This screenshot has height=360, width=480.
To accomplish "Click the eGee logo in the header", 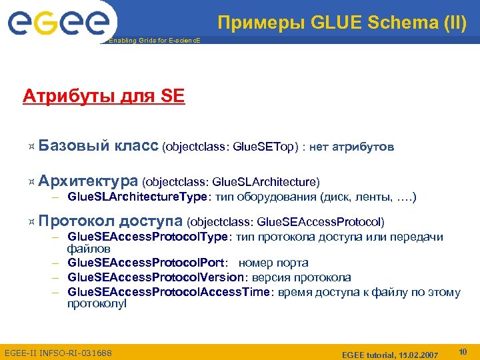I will point(58,24).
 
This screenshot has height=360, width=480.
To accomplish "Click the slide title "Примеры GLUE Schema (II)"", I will point(342,24).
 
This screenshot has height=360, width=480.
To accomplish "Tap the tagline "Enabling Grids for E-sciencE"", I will point(153,41).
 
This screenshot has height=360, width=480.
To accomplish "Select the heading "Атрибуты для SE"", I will point(103,97).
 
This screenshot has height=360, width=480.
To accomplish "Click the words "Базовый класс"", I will point(98,145).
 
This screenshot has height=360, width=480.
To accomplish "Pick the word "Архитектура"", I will point(88,181).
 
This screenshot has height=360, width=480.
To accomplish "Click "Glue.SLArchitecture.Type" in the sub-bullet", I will point(138,197).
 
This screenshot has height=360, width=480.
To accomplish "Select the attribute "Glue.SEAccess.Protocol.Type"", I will point(148,237).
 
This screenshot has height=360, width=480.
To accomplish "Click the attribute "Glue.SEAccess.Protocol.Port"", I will point(147,263).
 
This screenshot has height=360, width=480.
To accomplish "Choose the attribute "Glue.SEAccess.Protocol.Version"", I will point(155,277).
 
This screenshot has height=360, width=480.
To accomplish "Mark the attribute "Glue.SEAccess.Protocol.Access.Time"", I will point(166,291).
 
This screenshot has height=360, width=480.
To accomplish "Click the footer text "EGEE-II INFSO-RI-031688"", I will point(58,351).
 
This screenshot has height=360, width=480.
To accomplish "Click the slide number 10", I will point(463,351).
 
